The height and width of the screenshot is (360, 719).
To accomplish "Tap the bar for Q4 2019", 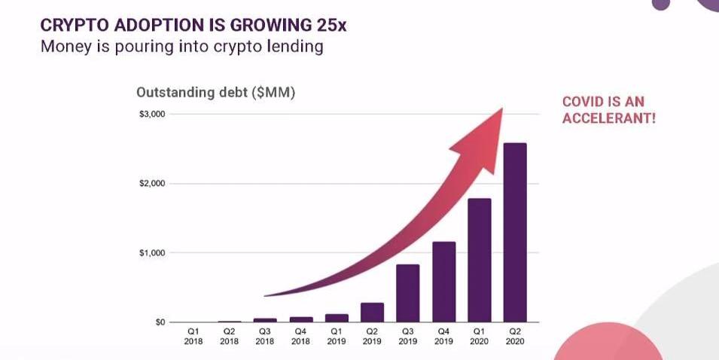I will (443, 282).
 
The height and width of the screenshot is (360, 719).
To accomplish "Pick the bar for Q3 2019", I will (408, 293).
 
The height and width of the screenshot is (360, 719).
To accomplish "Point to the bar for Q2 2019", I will (372, 313).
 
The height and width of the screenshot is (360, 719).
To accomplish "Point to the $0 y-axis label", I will (160, 322).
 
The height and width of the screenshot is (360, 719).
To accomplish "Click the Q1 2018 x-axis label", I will (193, 336).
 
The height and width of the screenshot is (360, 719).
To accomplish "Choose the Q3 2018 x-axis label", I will (265, 336).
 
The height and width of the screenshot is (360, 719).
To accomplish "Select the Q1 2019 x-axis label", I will (337, 336).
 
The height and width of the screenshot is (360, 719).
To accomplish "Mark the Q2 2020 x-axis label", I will (515, 336).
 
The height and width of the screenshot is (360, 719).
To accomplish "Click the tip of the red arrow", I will (501, 110).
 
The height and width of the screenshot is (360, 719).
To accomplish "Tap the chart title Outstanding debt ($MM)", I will (215, 93).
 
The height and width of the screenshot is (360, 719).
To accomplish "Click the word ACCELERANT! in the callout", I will (609, 119).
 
